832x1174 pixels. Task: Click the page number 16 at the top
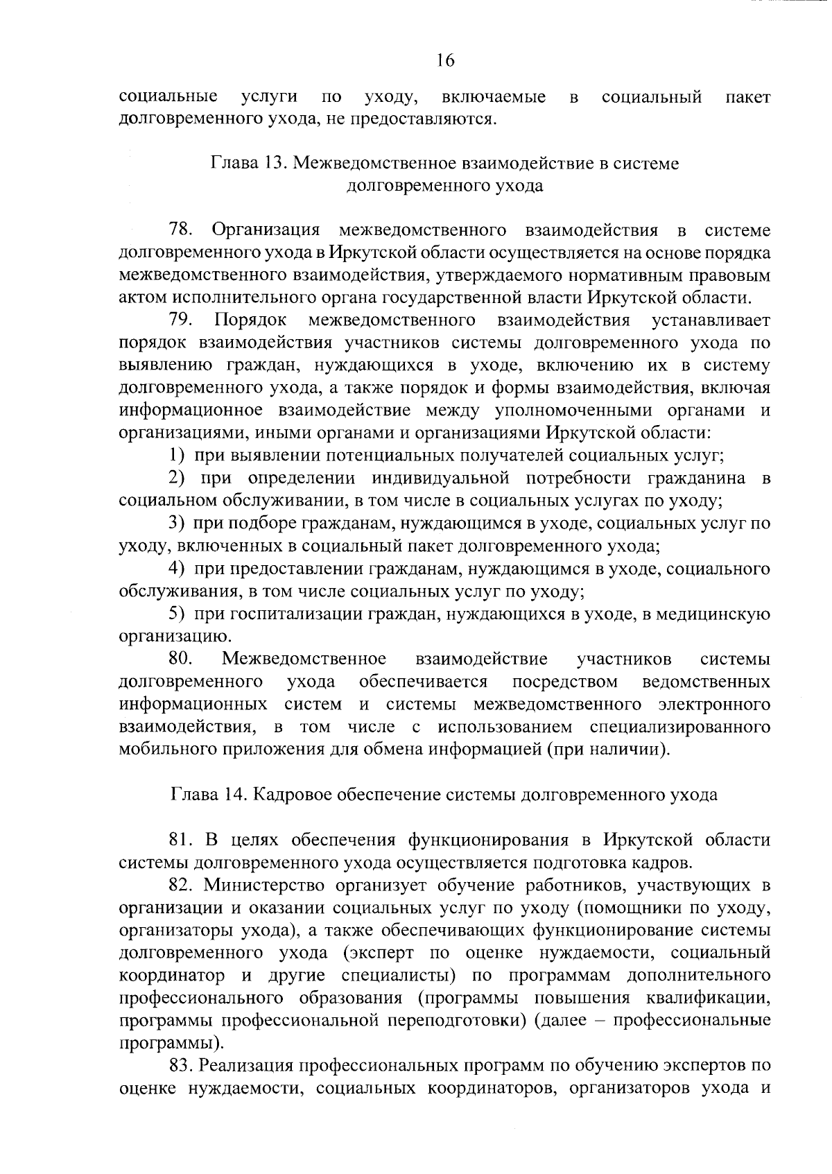(444, 60)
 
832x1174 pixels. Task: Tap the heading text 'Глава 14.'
(205, 795)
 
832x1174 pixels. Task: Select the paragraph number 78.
(182, 230)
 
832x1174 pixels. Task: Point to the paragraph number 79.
(182, 320)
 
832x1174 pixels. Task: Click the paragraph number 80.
(182, 659)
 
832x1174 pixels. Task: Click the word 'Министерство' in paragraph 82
(266, 886)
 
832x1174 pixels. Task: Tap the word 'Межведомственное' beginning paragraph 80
(304, 659)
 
